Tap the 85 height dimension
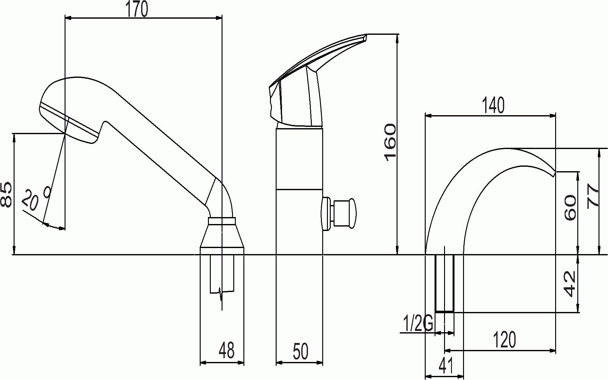point(7,195)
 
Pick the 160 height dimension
point(390,142)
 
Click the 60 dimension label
point(570,208)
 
